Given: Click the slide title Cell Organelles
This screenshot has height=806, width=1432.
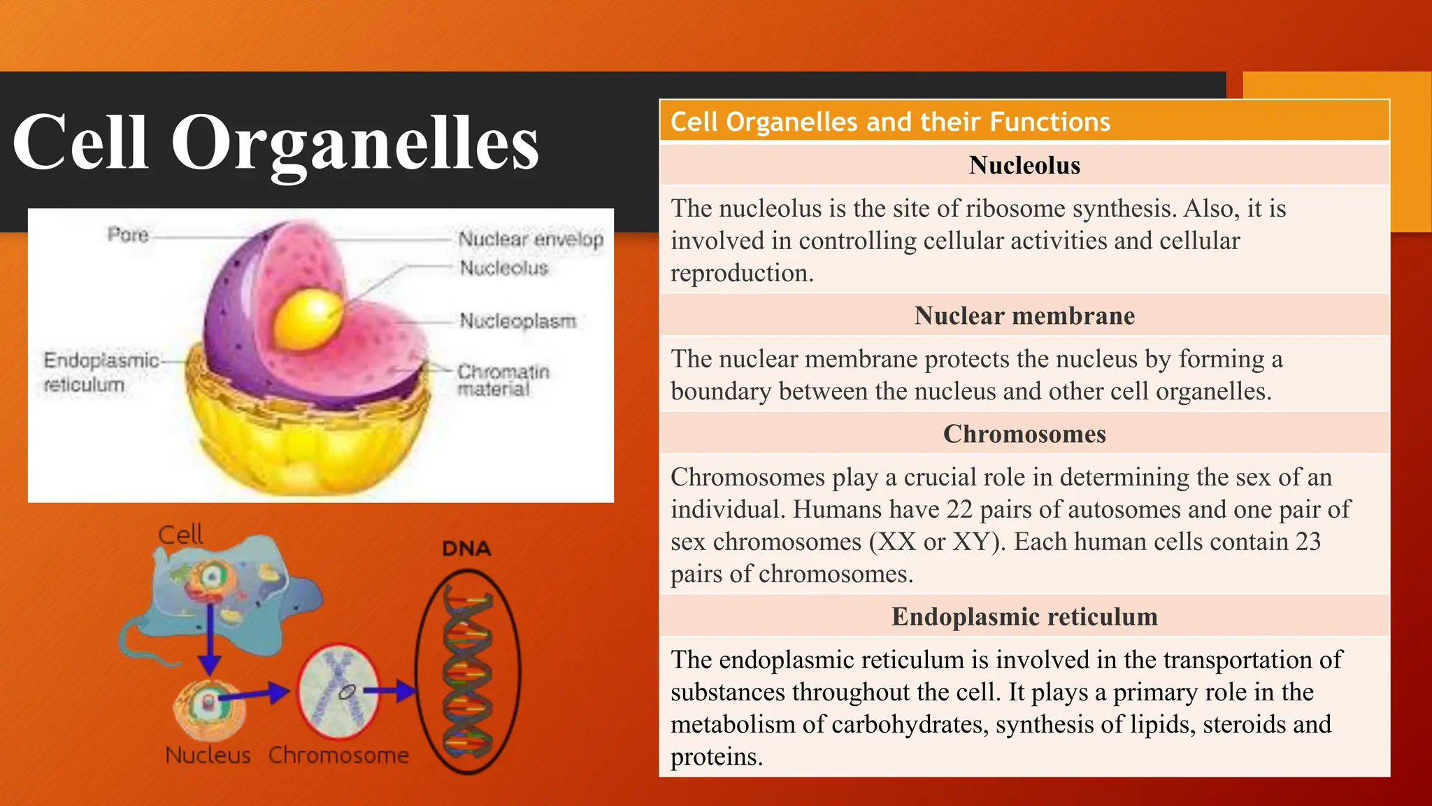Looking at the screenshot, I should [275, 143].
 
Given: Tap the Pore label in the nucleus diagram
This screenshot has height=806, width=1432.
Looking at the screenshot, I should [128, 235].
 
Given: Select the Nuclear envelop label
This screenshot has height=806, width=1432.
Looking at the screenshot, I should [530, 239].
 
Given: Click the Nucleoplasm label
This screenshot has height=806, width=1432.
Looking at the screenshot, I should [517, 321].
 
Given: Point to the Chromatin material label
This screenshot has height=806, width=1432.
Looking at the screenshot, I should [503, 380].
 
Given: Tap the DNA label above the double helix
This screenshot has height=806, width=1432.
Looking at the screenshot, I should [466, 549].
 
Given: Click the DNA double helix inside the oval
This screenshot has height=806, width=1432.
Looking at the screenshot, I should [468, 672].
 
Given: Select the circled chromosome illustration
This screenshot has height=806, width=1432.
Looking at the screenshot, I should [338, 691].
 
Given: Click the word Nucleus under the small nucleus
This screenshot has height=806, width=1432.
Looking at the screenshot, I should [208, 756].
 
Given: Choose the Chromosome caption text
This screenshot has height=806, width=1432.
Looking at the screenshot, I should [338, 756].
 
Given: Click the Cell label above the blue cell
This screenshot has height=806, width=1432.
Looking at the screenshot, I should [180, 535].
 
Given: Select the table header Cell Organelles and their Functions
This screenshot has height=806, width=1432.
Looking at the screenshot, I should [890, 122].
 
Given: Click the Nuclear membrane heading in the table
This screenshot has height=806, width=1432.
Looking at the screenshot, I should [1024, 316].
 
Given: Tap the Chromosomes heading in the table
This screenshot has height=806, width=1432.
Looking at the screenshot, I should [1024, 434].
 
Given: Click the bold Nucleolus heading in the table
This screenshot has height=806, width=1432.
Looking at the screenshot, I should [1024, 166].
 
